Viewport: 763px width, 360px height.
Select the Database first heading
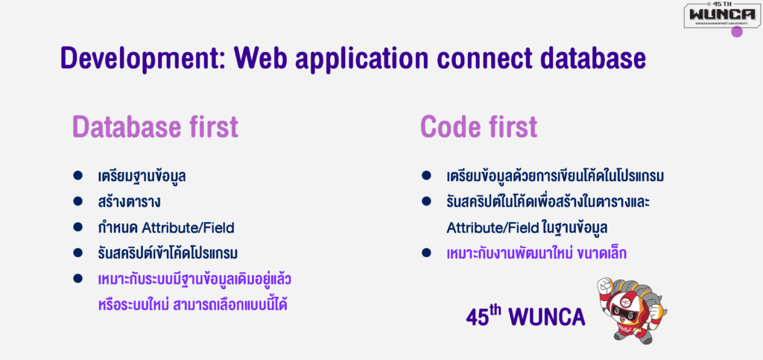click(x=155, y=127)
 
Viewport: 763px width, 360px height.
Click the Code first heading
click(x=479, y=127)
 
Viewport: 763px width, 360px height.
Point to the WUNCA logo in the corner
click(x=722, y=15)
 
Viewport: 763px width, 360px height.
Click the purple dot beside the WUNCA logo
click(x=737, y=31)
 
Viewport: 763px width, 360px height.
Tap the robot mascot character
click(x=632, y=310)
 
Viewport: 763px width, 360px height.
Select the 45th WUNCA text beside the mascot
click(x=525, y=318)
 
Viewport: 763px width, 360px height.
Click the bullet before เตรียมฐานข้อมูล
click(x=77, y=175)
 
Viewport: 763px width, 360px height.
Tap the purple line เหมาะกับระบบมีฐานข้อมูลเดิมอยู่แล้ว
click(x=194, y=280)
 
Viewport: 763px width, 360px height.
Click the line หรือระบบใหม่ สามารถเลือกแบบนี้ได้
click(x=193, y=305)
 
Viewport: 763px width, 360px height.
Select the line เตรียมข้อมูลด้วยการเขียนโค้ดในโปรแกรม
click(x=555, y=176)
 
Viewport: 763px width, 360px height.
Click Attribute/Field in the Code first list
click(x=493, y=227)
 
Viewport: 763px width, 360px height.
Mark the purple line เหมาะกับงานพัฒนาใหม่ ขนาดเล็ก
click(x=536, y=253)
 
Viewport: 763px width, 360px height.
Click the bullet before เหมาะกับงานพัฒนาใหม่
click(x=427, y=253)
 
